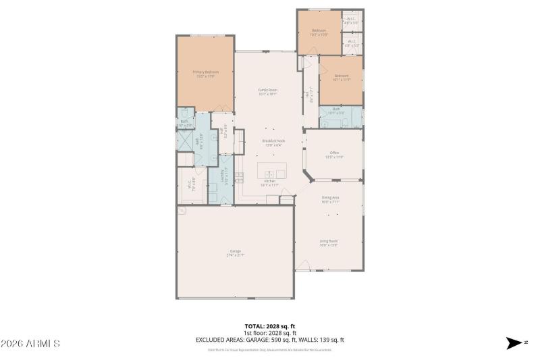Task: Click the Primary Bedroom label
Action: [205, 72]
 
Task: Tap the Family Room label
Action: [268, 91]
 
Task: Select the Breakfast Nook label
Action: [272, 141]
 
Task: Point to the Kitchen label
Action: [269, 182]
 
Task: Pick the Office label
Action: [334, 154]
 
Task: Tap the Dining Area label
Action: [330, 199]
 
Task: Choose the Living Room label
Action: [329, 242]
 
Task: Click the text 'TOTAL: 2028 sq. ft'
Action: [270, 326]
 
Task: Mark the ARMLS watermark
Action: [30, 344]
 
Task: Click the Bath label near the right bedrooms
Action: [336, 110]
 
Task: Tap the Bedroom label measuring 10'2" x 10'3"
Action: [319, 31]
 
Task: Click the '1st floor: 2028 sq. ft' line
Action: [270, 333]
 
